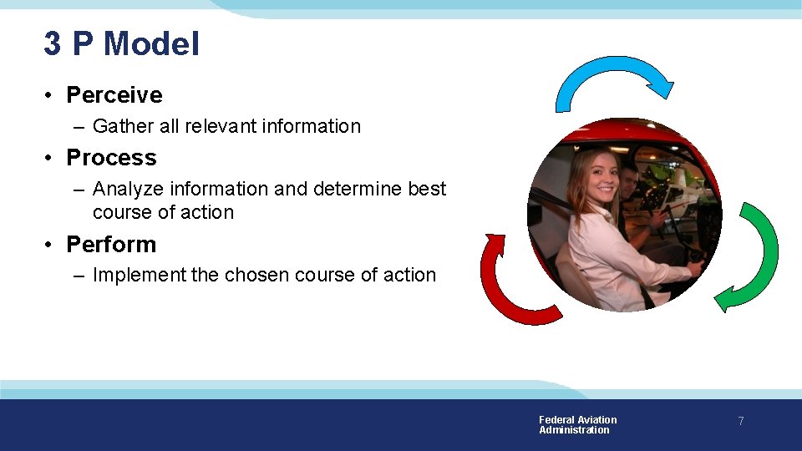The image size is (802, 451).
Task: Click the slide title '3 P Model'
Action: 122,43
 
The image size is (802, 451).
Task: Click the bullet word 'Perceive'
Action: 114,95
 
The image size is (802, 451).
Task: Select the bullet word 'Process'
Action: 111,158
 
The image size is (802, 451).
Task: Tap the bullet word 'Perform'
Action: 111,245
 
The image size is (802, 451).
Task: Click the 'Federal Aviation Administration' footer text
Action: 577,425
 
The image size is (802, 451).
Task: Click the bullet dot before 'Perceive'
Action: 50,96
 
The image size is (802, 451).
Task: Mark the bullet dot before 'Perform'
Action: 50,246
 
